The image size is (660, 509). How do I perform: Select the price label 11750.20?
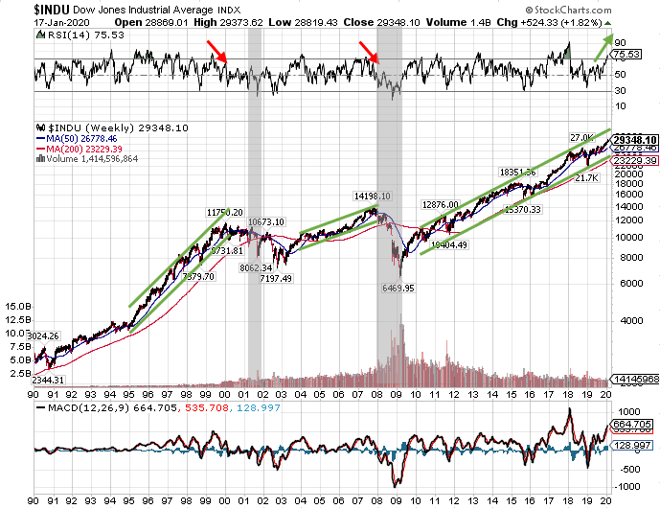coord(225,212)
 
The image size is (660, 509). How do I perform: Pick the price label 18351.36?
coord(518,172)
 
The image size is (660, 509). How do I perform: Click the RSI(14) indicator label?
coord(57,34)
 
